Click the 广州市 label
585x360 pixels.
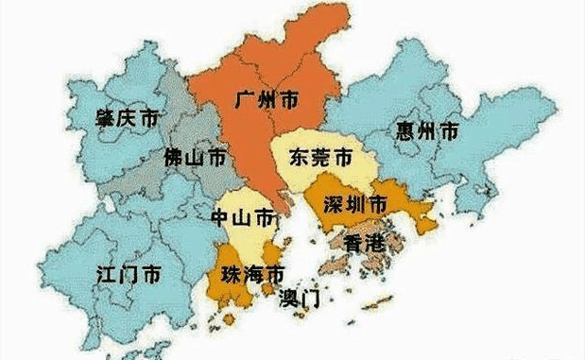(x=267, y=98)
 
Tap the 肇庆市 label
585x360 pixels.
(x=127, y=119)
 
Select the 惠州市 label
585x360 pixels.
(x=428, y=131)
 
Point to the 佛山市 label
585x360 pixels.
(x=195, y=157)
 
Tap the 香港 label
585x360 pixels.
(x=365, y=243)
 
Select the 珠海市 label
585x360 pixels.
(x=251, y=275)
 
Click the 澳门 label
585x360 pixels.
(x=300, y=300)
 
